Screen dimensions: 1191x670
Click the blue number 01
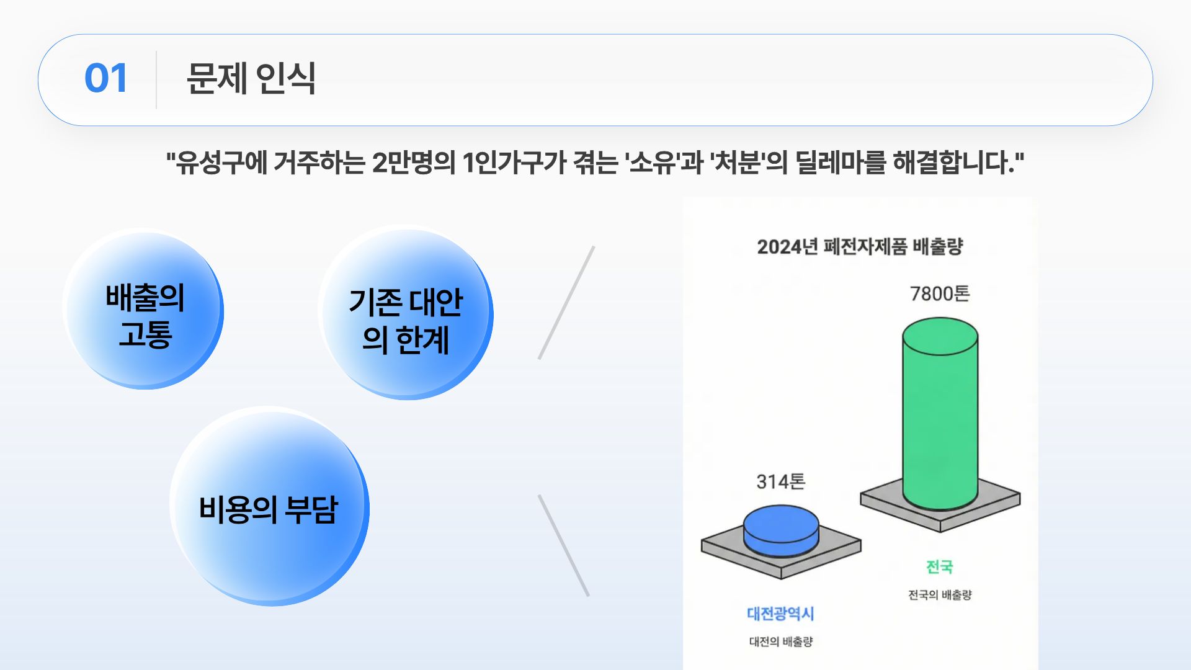[x=106, y=79]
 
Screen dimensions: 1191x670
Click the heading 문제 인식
[x=251, y=79]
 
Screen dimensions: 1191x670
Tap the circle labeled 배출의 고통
[x=144, y=309]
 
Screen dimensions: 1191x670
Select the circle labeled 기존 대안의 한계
[x=406, y=313]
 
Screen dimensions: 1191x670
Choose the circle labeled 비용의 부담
[x=269, y=506]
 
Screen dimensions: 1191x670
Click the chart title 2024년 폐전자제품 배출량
[x=860, y=246]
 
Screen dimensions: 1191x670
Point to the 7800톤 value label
[x=939, y=293]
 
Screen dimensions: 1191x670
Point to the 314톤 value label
[x=780, y=481]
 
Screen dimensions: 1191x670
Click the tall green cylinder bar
[x=940, y=414]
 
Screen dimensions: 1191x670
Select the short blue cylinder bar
[x=781, y=531]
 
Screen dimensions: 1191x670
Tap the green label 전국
[x=939, y=566]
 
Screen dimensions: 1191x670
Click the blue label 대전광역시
[x=780, y=614]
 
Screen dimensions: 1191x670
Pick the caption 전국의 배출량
[x=940, y=595]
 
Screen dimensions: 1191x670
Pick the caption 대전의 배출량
[x=780, y=641]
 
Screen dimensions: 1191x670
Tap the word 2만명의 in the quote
[x=413, y=163]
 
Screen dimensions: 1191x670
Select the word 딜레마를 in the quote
[x=840, y=163]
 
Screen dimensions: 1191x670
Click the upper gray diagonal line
[x=566, y=303]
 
